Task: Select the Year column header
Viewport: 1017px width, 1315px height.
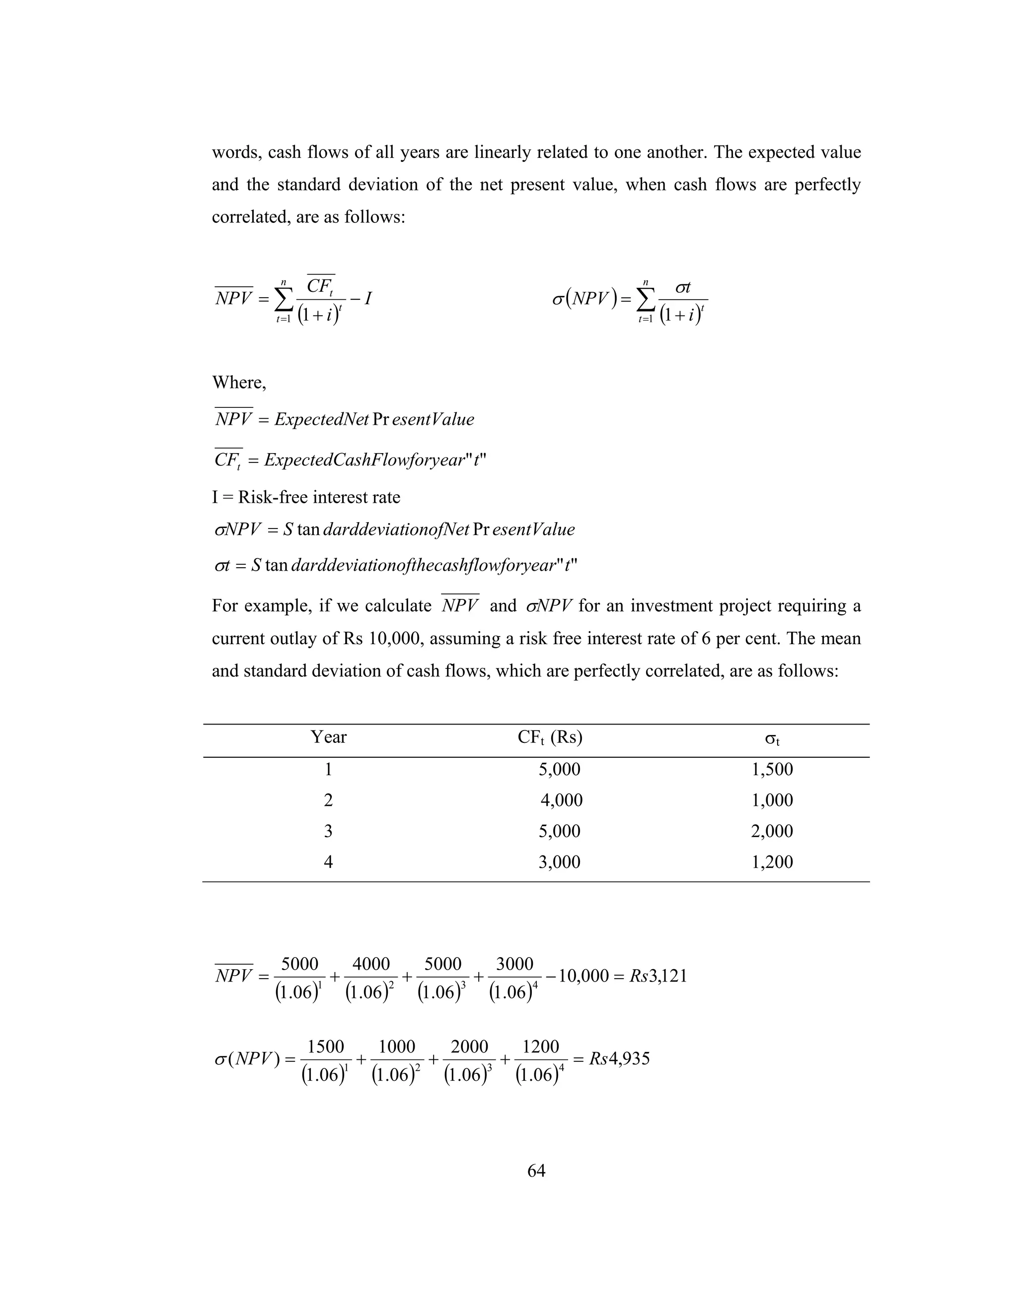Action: pos(328,737)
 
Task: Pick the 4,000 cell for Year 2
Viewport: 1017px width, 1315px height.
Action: pos(561,800)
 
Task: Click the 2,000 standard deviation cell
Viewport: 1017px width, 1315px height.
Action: pos(772,832)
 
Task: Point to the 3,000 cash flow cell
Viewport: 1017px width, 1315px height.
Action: pos(559,862)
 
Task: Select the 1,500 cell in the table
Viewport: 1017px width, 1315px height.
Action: pos(772,770)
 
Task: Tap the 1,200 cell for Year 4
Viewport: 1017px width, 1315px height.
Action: pos(772,862)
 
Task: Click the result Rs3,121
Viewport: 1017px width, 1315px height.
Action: pos(658,976)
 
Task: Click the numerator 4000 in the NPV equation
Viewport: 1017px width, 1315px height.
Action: pos(371,964)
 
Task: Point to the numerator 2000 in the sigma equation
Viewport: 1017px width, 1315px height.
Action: pos(469,1047)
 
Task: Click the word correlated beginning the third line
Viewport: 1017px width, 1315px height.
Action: pos(251,217)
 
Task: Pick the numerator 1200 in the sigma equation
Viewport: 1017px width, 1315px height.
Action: pos(541,1047)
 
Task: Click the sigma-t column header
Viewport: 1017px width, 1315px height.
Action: pos(772,739)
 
